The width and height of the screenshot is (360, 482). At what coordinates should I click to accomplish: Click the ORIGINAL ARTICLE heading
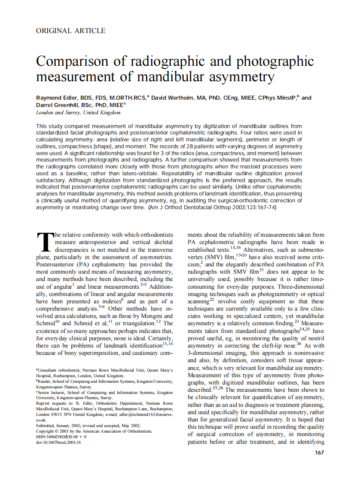(x=71, y=31)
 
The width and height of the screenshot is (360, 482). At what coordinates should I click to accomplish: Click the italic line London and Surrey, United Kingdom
(x=78, y=113)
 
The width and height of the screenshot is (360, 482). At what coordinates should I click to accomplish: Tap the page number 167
(x=319, y=452)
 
